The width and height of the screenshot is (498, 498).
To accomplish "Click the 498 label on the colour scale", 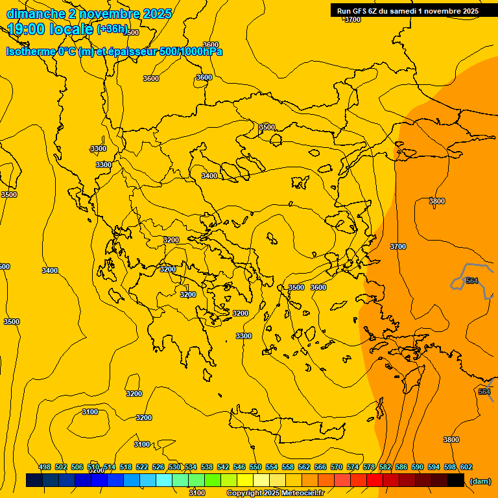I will point(45,467).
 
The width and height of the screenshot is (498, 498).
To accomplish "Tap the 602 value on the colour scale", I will point(466,467).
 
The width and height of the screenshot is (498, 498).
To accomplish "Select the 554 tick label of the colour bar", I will point(272,467).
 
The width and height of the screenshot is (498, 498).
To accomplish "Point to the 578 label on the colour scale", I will point(369,467).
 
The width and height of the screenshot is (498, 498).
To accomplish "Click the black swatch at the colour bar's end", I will point(456,480).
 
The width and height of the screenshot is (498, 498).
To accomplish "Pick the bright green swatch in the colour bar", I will point(213,480).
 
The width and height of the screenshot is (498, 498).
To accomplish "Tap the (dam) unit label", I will point(480,481).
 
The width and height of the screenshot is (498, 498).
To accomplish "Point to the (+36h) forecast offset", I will point(112,29).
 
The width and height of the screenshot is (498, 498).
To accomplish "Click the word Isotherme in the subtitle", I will point(30,51).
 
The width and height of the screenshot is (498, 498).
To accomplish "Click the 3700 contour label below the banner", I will point(352,19).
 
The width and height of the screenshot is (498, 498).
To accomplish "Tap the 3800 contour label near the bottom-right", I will point(451,440).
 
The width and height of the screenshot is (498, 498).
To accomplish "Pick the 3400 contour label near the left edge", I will point(50,270).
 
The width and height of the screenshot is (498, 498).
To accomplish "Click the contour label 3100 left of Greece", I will point(90,412).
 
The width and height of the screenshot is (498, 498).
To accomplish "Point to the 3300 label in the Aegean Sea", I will point(244,336).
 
